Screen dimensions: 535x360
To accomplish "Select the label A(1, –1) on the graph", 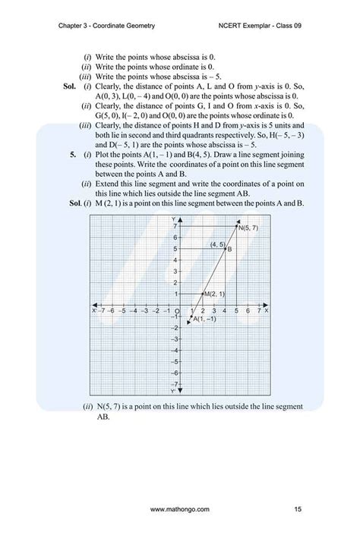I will [x=206, y=319].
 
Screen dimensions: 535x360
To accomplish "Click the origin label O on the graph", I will [x=175, y=312].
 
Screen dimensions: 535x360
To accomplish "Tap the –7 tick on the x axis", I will [x=101, y=310].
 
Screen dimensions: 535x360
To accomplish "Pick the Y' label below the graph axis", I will [x=173, y=392].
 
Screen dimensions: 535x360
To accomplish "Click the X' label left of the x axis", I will [x=93, y=310].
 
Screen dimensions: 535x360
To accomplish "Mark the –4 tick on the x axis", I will [x=134, y=310].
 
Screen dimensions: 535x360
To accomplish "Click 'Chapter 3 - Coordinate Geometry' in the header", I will [x=106, y=25].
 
